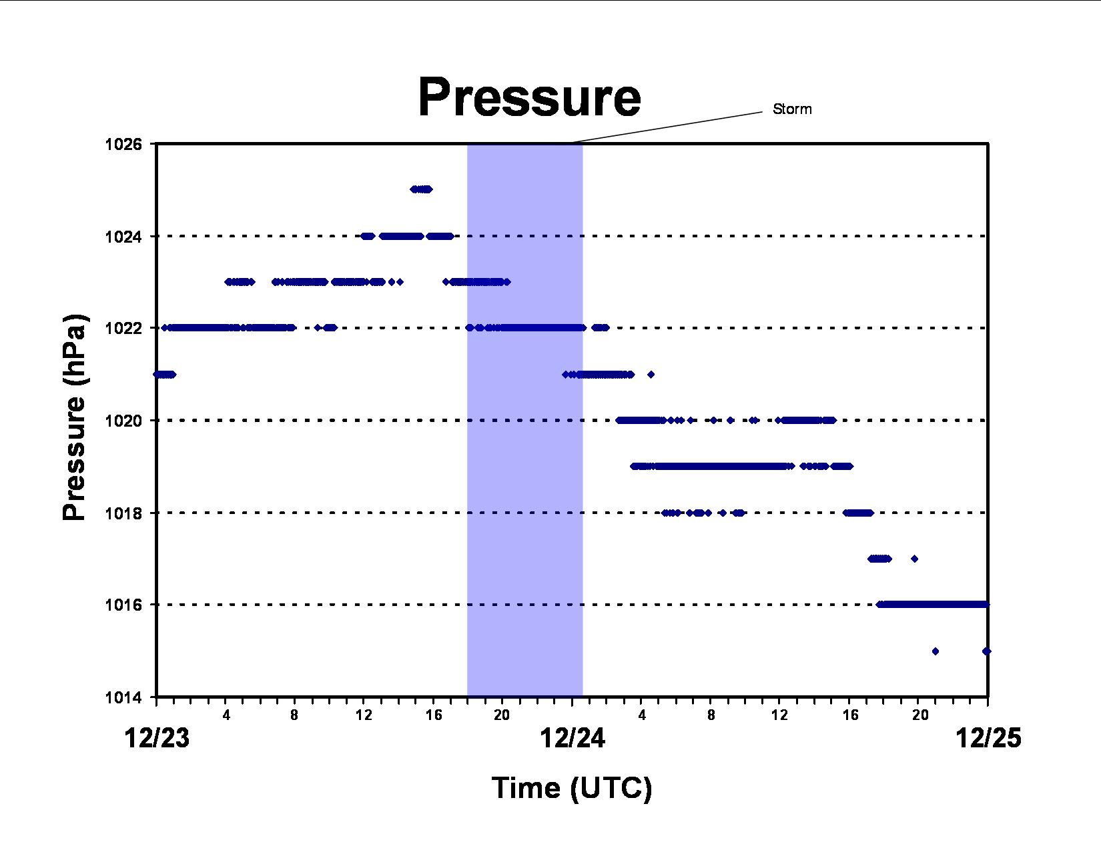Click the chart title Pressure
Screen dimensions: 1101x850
tap(529, 97)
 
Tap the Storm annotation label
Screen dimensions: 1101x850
tap(792, 109)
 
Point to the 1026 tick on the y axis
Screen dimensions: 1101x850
tap(123, 144)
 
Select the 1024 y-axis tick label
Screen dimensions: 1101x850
tap(123, 237)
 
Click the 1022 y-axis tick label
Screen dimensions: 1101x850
tap(123, 328)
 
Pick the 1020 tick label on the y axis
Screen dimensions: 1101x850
tap(123, 420)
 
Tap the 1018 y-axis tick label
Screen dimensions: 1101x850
tap(123, 513)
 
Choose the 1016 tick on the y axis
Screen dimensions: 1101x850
tap(123, 605)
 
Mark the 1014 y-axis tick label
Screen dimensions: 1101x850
tap(123, 697)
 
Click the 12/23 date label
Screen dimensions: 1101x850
tap(157, 737)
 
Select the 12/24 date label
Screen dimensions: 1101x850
tap(573, 737)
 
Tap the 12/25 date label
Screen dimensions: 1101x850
tap(988, 737)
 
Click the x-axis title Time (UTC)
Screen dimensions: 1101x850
tap(572, 788)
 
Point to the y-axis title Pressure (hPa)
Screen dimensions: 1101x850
tap(74, 417)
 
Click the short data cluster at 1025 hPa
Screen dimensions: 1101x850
tap(422, 189)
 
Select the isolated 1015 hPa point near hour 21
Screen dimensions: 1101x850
tap(936, 651)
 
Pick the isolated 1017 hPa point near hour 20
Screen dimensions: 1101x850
tap(915, 559)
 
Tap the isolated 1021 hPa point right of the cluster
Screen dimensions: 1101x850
tap(651, 375)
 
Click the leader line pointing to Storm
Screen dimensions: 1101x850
tap(667, 127)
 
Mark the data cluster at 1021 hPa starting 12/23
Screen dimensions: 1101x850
tap(165, 375)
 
